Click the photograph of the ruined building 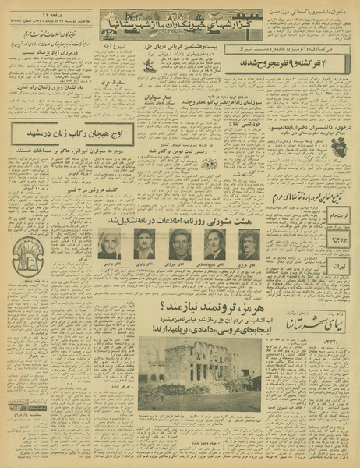(199, 374)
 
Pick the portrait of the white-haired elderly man (109, 244)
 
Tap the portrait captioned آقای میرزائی (179, 244)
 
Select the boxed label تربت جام (340, 211)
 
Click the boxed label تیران (341, 267)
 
